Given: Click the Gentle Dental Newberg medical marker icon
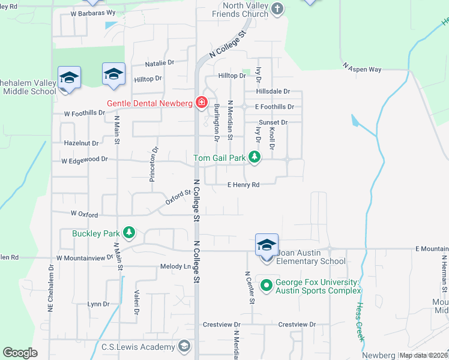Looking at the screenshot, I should coord(201,103).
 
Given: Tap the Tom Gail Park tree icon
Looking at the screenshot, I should coord(256,158).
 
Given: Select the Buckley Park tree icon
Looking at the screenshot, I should coord(128,232).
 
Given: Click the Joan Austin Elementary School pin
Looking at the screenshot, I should coord(267,245).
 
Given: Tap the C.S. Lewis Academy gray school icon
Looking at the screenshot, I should coord(184,346).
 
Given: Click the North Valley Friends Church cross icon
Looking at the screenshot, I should coord(277,8).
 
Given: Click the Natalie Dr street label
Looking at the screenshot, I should coord(159,62).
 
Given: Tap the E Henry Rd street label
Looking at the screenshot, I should coord(243,185).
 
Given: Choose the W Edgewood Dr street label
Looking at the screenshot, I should coord(84,160).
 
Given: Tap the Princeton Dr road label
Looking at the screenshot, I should coord(155,164).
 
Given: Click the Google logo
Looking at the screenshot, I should coord(20,353).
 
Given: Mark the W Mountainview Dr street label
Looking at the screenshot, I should coord(85,257).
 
